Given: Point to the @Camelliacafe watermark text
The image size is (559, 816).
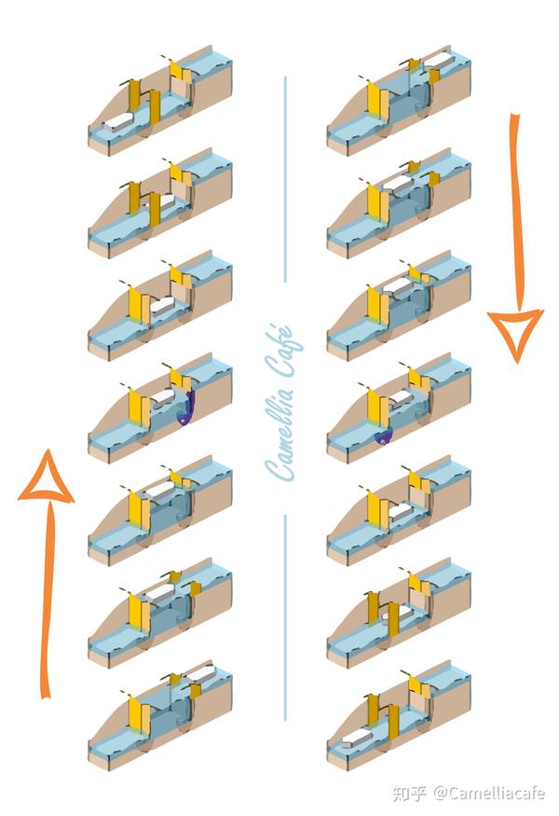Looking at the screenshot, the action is pos(489,793).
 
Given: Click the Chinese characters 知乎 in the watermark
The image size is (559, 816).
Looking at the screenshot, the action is pos(410,793).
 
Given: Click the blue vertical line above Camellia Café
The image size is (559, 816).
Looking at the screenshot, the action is pos(285,180).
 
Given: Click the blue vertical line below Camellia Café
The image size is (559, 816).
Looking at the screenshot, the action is pos(285,617).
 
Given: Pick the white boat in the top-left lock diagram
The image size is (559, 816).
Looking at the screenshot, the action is pos(119,123).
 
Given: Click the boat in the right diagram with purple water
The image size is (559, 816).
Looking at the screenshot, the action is pos(401,398).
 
